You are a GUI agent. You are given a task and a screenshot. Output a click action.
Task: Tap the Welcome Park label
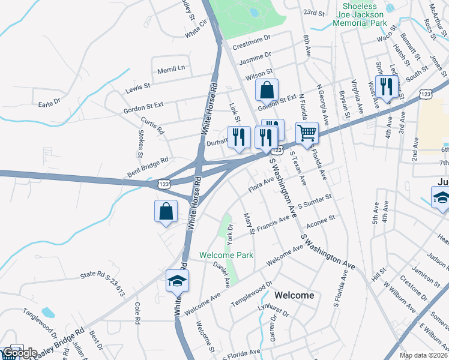226,255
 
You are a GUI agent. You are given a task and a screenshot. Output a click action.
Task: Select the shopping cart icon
307,133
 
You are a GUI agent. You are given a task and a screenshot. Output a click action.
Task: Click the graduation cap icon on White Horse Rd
177,281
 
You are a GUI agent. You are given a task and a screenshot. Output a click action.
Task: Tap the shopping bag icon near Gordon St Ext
267,90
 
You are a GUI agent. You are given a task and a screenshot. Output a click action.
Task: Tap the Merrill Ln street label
171,69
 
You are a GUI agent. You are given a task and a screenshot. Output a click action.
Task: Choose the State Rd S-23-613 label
102,284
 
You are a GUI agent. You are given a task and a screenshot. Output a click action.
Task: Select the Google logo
20,353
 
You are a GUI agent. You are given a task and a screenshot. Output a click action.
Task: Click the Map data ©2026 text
424,355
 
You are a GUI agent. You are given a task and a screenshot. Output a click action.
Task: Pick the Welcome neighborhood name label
294,295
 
